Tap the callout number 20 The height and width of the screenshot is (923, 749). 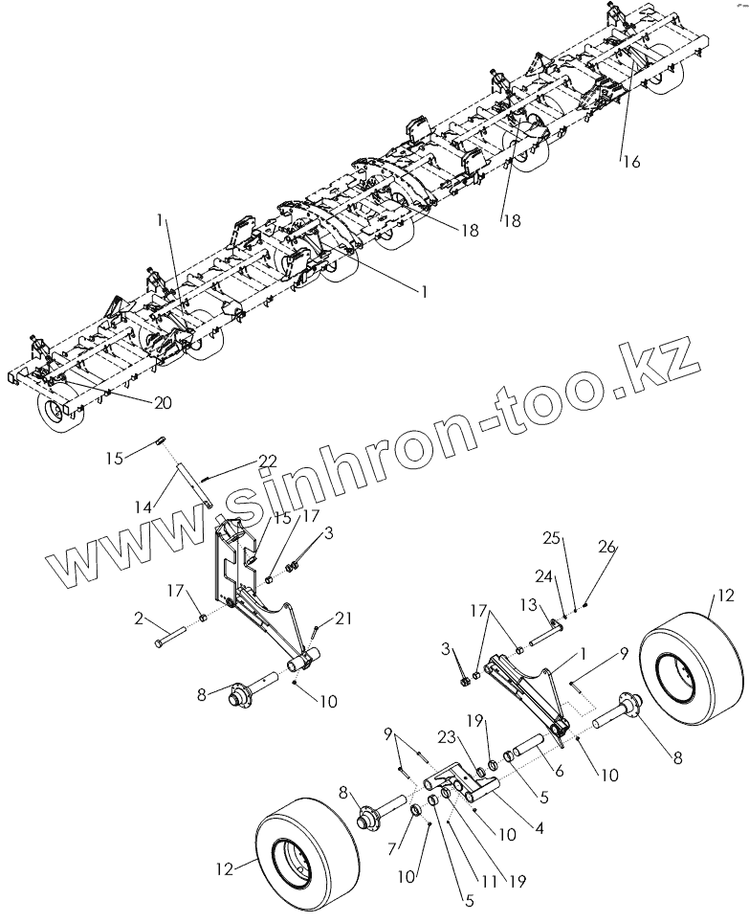[163, 403]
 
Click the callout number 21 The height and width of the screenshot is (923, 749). [343, 619]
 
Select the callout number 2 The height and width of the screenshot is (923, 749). [142, 620]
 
